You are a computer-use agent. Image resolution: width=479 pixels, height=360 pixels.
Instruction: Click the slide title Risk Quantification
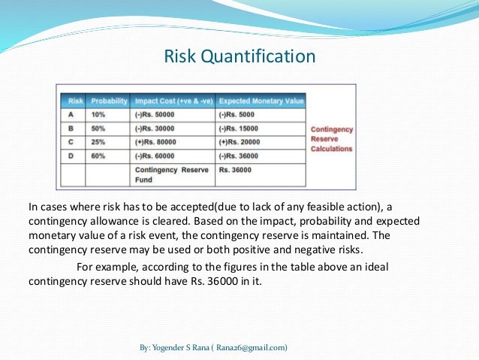click(239, 57)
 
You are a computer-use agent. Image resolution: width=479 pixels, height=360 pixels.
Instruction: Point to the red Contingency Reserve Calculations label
click(331, 138)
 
